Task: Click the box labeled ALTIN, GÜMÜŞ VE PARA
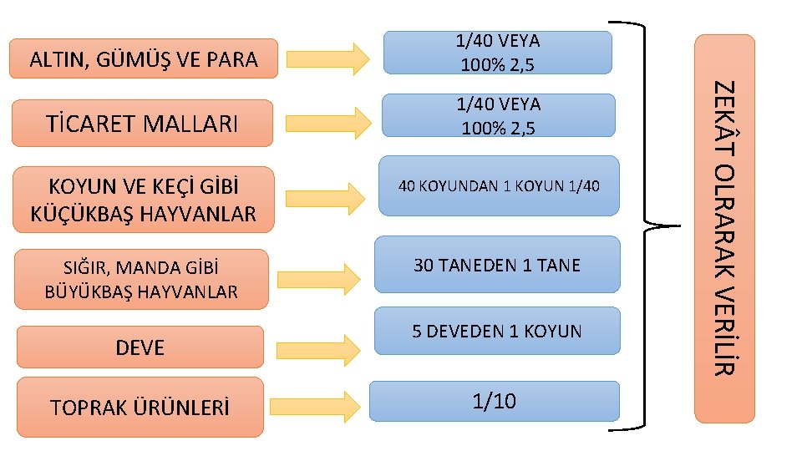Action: pyautogui.click(x=144, y=58)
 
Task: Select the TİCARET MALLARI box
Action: pyautogui.click(x=144, y=124)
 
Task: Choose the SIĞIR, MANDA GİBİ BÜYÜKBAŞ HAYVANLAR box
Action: pyautogui.click(x=141, y=279)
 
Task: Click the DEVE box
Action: pyautogui.click(x=140, y=347)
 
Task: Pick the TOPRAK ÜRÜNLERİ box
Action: pyautogui.click(x=140, y=408)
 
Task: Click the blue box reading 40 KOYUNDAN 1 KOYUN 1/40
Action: pyautogui.click(x=499, y=185)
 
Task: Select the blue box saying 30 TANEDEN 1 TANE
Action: pyautogui.click(x=497, y=265)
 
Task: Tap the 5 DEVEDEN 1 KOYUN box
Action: pyautogui.click(x=497, y=332)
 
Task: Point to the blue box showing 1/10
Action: pyautogui.click(x=495, y=401)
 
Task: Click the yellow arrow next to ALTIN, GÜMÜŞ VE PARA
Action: pyautogui.click(x=327, y=59)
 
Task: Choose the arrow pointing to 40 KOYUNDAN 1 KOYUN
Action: pyautogui.click(x=325, y=197)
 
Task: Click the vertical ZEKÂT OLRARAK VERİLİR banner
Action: pyautogui.click(x=725, y=227)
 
